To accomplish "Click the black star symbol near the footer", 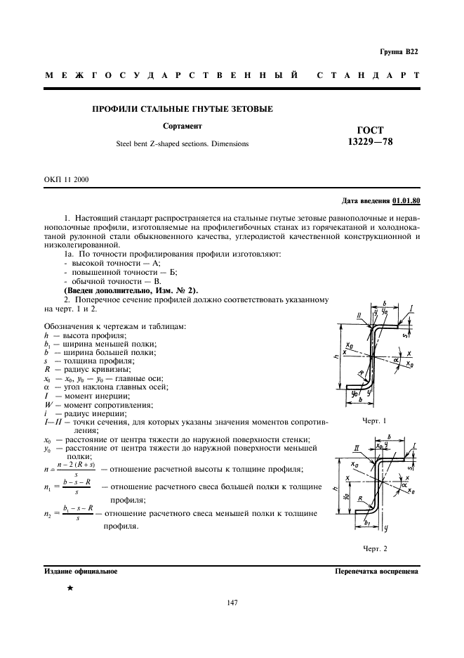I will click(70, 586).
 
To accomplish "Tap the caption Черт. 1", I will click(374, 420).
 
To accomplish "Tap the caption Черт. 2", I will click(375, 548).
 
